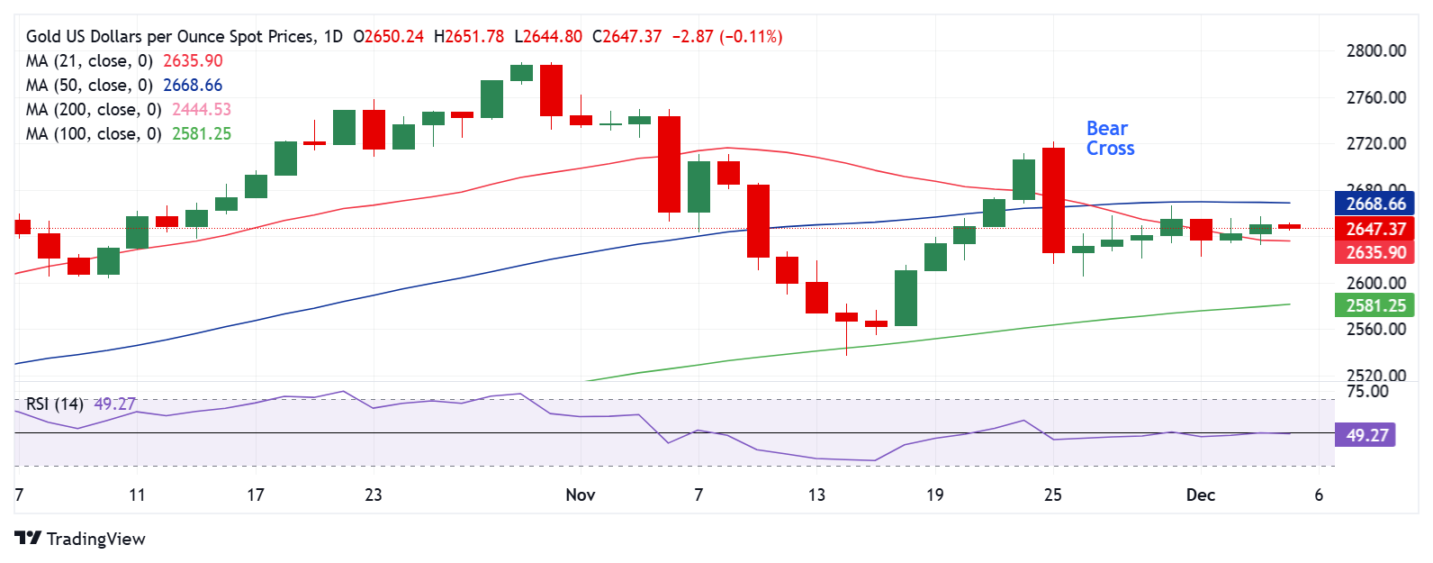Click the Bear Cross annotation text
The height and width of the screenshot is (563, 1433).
[x=1110, y=139]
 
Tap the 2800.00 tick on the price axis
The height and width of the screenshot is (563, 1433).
[x=1375, y=51]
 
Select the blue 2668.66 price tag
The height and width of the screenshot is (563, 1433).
[x=1374, y=204]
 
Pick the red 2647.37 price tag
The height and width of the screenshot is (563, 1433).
[x=1374, y=229]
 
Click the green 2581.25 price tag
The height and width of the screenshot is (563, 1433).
[x=1374, y=306]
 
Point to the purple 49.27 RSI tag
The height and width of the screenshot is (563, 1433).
[x=1366, y=436]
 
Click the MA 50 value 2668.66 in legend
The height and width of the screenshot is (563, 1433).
[x=193, y=86]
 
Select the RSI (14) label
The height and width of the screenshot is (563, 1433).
[x=54, y=404]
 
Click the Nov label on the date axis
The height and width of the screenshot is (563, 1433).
[x=581, y=495]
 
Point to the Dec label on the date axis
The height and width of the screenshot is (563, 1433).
[x=1201, y=495]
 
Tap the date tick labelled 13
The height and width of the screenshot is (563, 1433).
[x=816, y=495]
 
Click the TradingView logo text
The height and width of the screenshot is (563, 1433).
[x=95, y=540]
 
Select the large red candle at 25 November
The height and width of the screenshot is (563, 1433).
[x=1053, y=200]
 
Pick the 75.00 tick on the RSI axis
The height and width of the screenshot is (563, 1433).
[x=1366, y=392]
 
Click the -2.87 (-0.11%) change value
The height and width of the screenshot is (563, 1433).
[x=727, y=37]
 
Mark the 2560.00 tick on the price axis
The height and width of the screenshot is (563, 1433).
[x=1375, y=330]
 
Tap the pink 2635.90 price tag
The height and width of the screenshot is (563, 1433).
[x=1374, y=253]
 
